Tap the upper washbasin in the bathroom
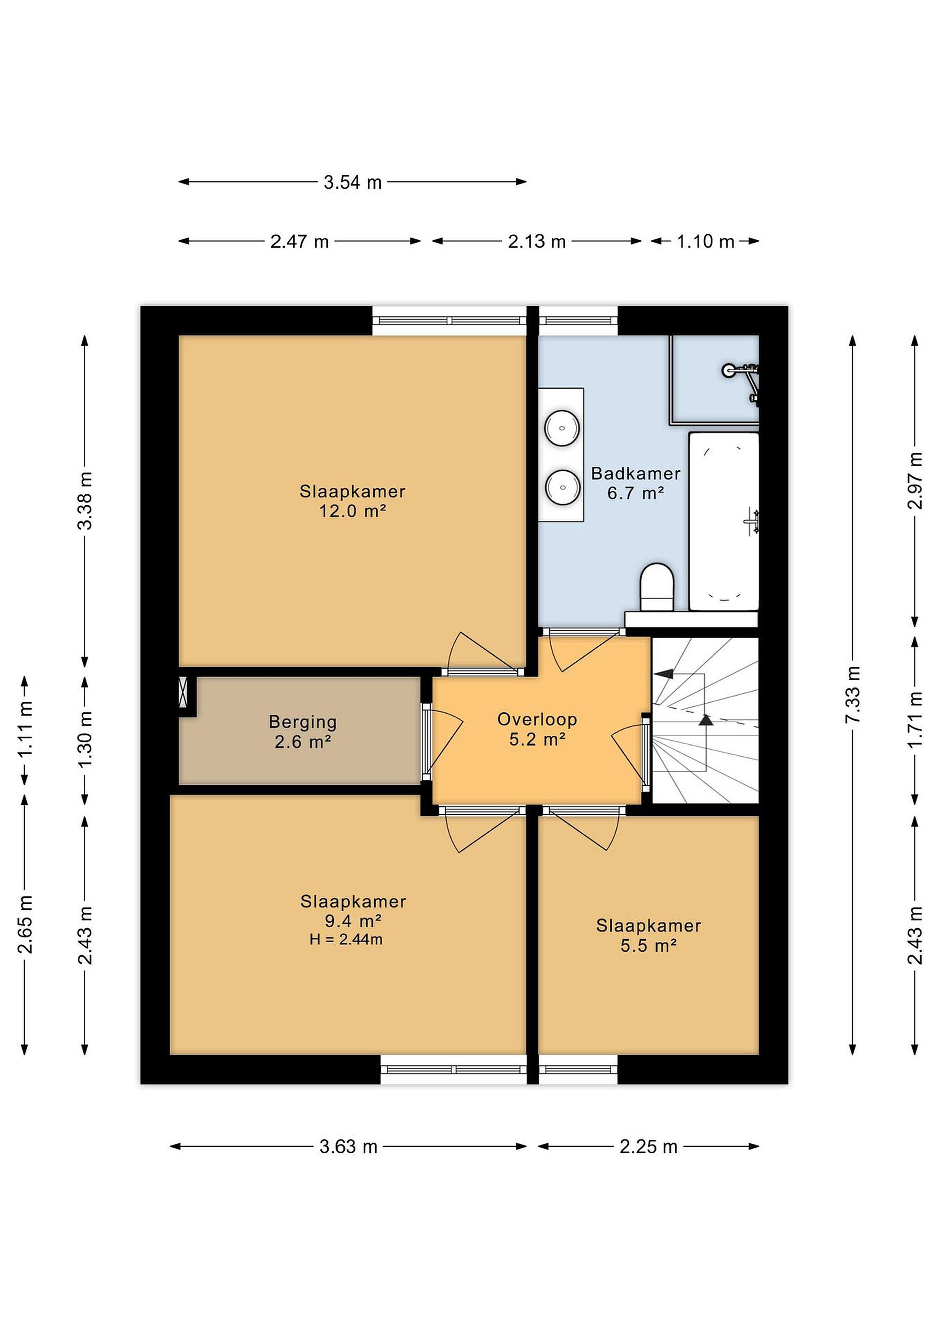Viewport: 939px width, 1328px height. (562, 428)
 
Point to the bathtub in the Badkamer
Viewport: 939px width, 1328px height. (723, 521)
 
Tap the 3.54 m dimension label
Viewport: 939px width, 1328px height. (352, 183)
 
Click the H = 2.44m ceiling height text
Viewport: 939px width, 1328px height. (346, 939)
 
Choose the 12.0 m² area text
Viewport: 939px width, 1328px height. (353, 511)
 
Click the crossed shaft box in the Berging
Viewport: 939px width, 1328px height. (184, 692)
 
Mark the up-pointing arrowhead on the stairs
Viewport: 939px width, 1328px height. (705, 719)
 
